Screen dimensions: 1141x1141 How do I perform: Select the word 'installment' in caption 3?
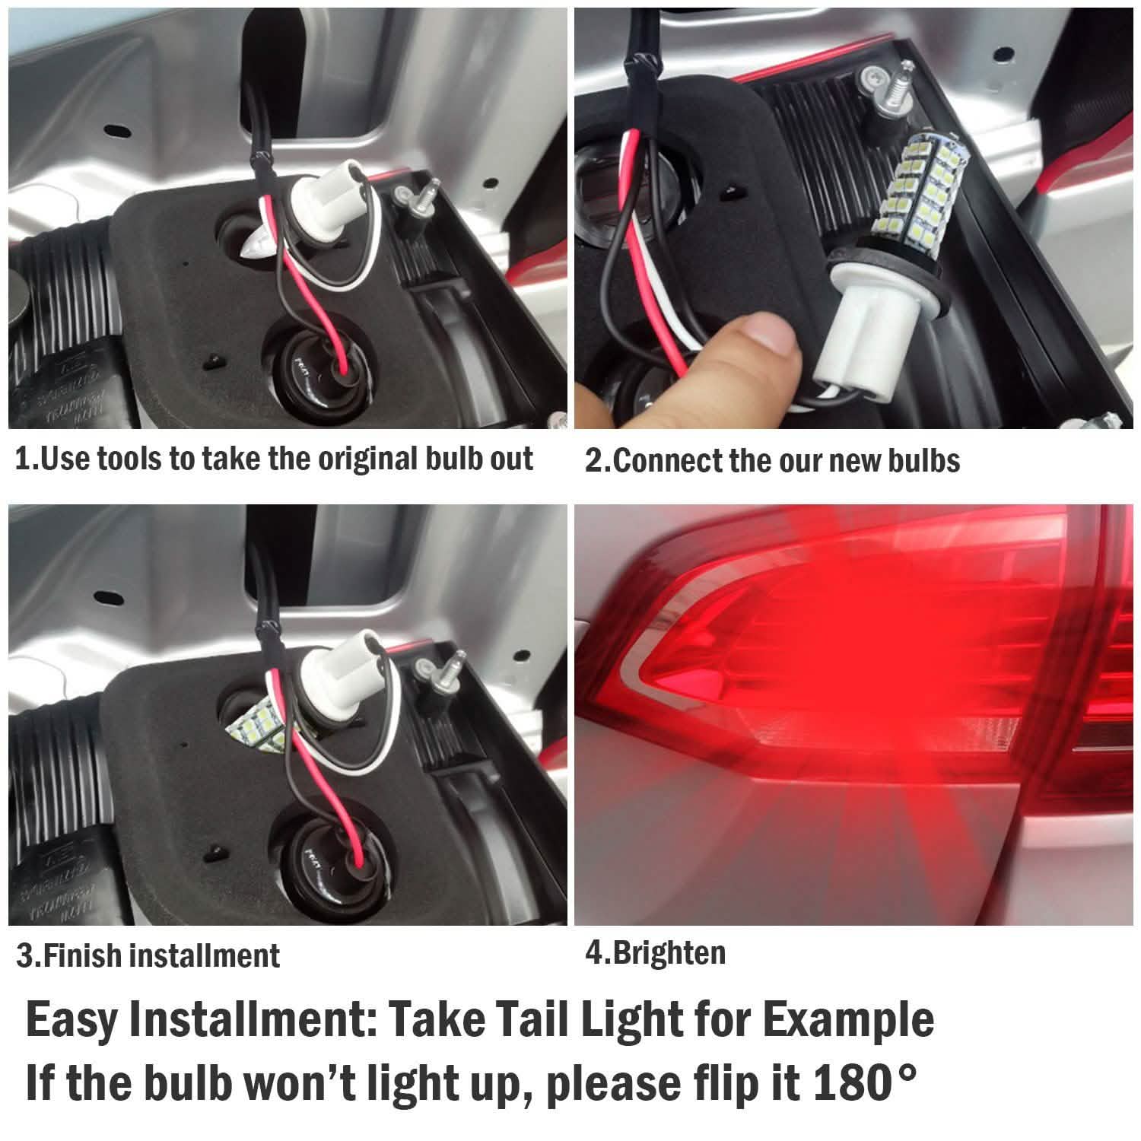pos(205,955)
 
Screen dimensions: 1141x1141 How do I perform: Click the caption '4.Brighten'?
pos(656,952)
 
